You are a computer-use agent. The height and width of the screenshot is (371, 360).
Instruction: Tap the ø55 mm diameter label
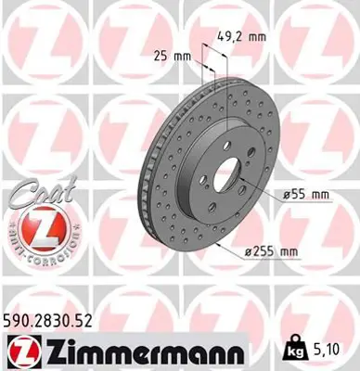[x=308, y=194]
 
